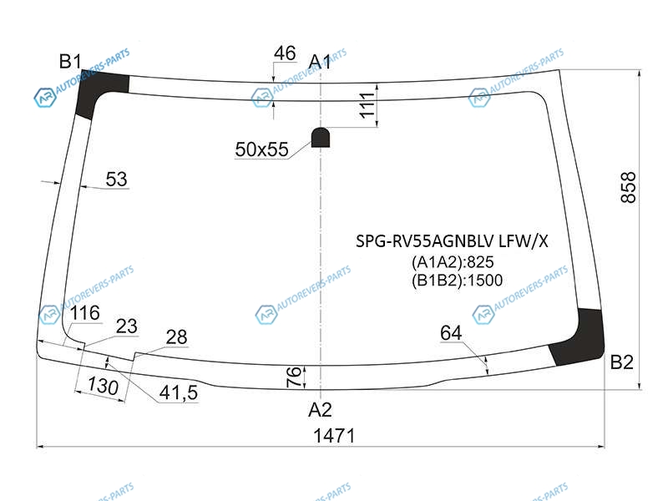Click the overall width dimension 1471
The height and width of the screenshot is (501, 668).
334,436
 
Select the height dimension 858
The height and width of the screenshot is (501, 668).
629,187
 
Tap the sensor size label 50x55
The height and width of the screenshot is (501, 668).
261,149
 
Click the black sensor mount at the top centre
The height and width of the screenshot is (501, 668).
321,137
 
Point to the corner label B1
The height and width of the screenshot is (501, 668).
70,61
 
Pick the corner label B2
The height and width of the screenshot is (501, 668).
621,362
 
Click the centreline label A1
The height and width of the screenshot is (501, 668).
320,62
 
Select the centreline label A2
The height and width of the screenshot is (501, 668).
320,410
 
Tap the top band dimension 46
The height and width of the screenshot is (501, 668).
285,53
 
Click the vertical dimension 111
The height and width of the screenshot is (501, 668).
367,105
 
